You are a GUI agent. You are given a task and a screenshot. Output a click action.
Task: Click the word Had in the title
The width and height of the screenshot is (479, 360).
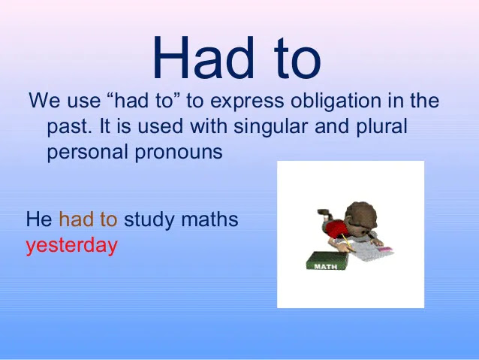point(203,57)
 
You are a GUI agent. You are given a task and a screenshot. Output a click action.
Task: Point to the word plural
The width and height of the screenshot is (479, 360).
point(381,127)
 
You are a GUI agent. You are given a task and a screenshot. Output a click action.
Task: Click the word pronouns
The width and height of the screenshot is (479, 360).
point(179,153)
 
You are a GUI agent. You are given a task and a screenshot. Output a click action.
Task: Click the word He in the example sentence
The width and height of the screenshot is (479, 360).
point(39,219)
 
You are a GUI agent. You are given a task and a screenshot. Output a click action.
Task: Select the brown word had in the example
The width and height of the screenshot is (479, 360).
point(76,219)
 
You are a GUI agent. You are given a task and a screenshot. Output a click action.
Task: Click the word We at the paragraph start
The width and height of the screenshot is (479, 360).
point(44,100)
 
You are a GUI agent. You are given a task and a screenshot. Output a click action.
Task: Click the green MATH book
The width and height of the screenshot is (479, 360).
point(327,261)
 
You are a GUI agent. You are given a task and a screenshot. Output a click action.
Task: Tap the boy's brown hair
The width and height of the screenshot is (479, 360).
point(361,213)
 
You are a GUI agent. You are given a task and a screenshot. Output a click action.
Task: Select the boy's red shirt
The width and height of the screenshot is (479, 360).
point(334,228)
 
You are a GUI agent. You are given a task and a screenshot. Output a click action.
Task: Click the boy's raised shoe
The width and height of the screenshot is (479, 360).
point(323,212)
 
